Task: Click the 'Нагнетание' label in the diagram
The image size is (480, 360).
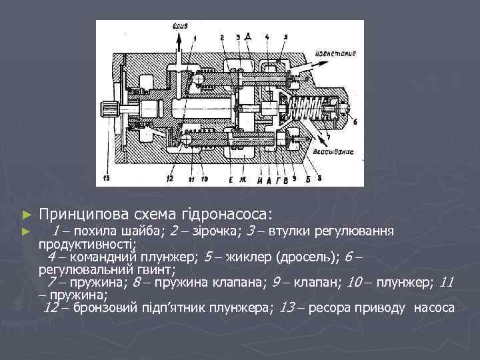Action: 337,53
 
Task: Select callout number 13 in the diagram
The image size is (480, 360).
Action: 107,178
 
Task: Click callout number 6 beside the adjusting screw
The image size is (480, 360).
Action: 355,122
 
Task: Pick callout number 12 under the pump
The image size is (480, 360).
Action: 170,179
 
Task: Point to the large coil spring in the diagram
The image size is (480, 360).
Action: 303,107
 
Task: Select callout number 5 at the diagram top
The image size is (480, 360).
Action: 285,36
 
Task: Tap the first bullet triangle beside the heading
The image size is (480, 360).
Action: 27,215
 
